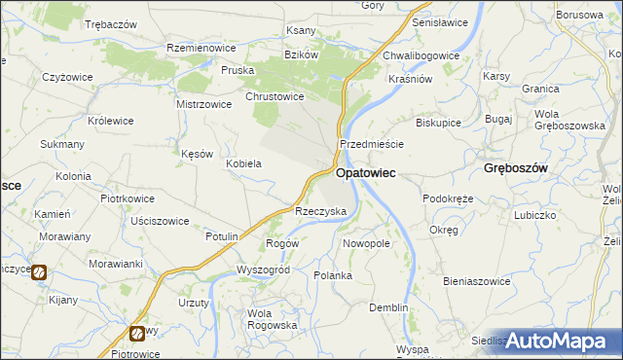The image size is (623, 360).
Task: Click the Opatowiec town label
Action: [x=364, y=173]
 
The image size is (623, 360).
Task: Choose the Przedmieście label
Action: [x=371, y=143]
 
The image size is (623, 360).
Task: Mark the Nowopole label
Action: [x=366, y=243]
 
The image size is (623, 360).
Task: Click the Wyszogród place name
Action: [x=264, y=270]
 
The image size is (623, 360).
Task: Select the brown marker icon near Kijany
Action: [x=38, y=273]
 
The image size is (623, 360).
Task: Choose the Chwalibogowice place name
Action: [x=421, y=55]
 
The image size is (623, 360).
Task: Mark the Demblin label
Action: [x=388, y=307]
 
